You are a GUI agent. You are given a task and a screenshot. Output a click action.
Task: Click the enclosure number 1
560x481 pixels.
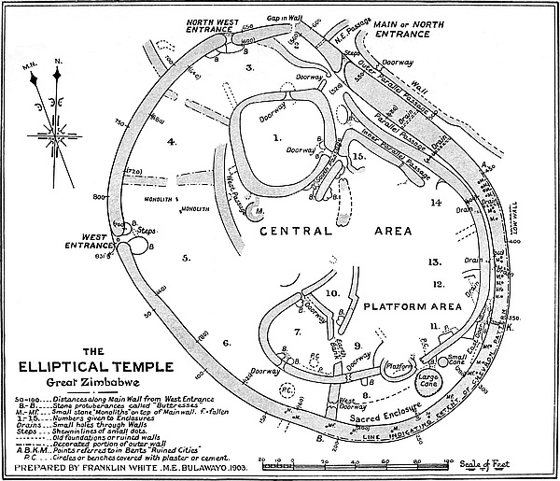click(x=275, y=137)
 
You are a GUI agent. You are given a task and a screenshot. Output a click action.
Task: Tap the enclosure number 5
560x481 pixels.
click(x=186, y=257)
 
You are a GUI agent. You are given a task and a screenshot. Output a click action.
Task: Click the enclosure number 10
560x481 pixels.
click(x=331, y=293)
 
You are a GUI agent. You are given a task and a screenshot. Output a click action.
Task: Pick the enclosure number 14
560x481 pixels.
click(x=433, y=202)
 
